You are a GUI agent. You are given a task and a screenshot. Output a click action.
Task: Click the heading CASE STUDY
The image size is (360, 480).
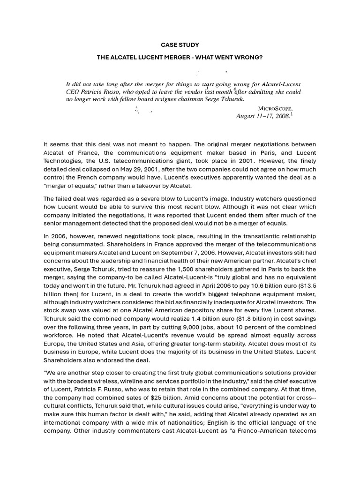pyautogui.click(x=180, y=45)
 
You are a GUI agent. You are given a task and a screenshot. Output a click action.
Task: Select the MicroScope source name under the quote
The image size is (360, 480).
pyautogui.click(x=276, y=108)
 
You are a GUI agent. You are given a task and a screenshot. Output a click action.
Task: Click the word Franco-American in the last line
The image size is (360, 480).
pyautogui.click(x=269, y=430)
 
